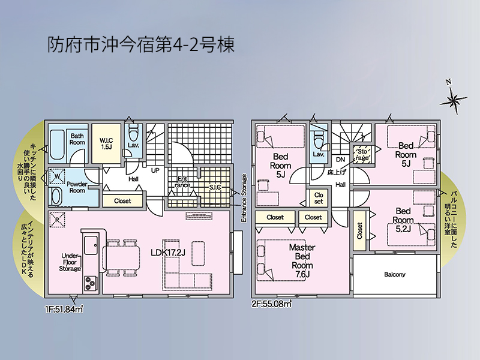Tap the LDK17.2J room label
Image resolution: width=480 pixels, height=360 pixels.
168,253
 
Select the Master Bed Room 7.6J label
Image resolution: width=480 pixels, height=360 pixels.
302,260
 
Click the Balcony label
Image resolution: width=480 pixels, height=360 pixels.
395,275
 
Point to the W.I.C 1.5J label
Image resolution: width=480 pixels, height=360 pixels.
106,143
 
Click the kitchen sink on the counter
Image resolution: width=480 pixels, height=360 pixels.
91,245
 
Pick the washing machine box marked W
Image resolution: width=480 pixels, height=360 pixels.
57,176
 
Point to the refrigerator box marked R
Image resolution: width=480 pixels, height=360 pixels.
57,220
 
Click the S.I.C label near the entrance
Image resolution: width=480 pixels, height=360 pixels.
215,187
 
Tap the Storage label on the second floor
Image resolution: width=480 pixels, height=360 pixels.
362,155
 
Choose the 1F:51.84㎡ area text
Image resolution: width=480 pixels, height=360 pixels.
64,310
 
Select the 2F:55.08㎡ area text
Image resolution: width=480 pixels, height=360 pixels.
272,304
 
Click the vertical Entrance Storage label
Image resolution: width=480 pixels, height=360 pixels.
244,199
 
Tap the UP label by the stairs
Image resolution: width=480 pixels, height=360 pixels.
155,170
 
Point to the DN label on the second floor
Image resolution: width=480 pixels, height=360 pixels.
340,160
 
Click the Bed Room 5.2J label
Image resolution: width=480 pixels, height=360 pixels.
403,220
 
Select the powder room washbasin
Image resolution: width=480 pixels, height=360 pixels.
55,197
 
